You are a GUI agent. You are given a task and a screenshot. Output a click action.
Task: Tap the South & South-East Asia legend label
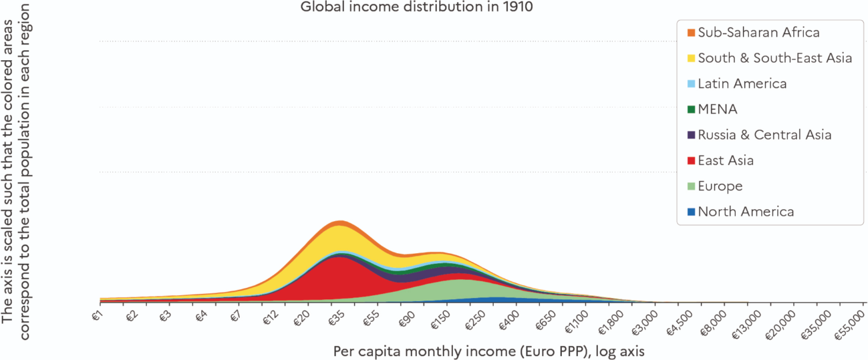(x=774, y=58)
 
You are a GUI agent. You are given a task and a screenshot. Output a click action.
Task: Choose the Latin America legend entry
(x=742, y=83)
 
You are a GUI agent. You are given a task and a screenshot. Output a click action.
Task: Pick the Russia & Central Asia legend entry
(x=764, y=135)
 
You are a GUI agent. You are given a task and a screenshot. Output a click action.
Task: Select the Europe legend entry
(x=720, y=186)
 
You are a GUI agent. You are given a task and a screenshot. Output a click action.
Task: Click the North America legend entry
(x=746, y=212)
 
